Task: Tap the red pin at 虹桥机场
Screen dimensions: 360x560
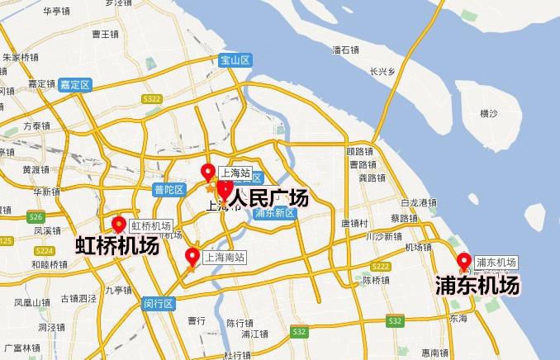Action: click(119, 225)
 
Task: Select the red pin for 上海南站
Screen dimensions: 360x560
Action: click(192, 256)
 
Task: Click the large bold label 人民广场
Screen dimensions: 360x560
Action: click(268, 199)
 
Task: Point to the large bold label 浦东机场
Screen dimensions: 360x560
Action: click(478, 286)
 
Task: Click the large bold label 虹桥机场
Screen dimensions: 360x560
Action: click(117, 245)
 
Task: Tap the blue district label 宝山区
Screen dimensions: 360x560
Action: click(235, 59)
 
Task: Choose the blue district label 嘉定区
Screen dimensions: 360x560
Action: click(75, 84)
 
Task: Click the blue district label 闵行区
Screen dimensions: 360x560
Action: click(158, 303)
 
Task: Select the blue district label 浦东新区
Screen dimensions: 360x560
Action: click(275, 212)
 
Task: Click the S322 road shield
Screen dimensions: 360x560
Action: click(151, 99)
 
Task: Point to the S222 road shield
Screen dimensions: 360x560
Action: click(381, 266)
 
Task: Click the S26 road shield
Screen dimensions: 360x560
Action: click(35, 217)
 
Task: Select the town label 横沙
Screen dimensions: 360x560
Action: click(489, 113)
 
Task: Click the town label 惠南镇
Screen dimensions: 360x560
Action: click(434, 353)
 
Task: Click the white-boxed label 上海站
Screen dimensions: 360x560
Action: click(234, 173)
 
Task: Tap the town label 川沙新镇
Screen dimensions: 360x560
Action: click(383, 236)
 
